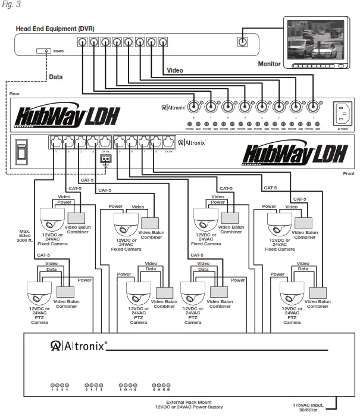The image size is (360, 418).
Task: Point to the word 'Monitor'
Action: (269, 64)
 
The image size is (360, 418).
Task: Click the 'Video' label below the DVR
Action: (175, 70)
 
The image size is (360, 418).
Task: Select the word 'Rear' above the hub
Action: (15, 94)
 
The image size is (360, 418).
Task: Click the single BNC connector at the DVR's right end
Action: (242, 42)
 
